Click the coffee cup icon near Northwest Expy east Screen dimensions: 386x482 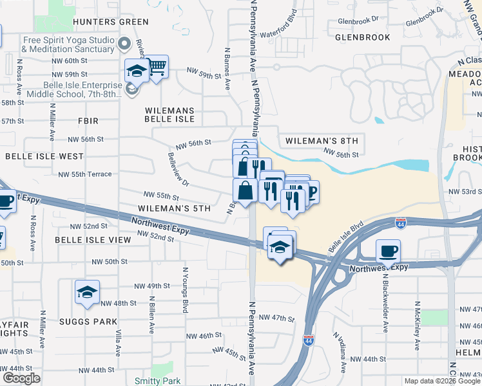pyautogui.click(x=388, y=250)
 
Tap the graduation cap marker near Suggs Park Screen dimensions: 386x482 pyautogui.click(x=87, y=293)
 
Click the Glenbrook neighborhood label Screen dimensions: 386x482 pyautogui.click(x=363, y=37)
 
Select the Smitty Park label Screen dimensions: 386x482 pyautogui.click(x=158, y=381)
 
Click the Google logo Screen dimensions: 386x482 pyautogui.click(x=21, y=378)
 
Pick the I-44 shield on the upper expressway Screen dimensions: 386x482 pyautogui.click(x=401, y=223)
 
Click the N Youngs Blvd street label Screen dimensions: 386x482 pyautogui.click(x=184, y=286)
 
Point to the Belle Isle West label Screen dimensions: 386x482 pyautogui.click(x=44, y=156)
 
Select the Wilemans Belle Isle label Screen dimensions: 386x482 pyautogui.click(x=169, y=115)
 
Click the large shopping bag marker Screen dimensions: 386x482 pyautogui.click(x=245, y=190)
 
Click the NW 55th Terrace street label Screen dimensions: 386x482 pyautogui.click(x=85, y=174)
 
